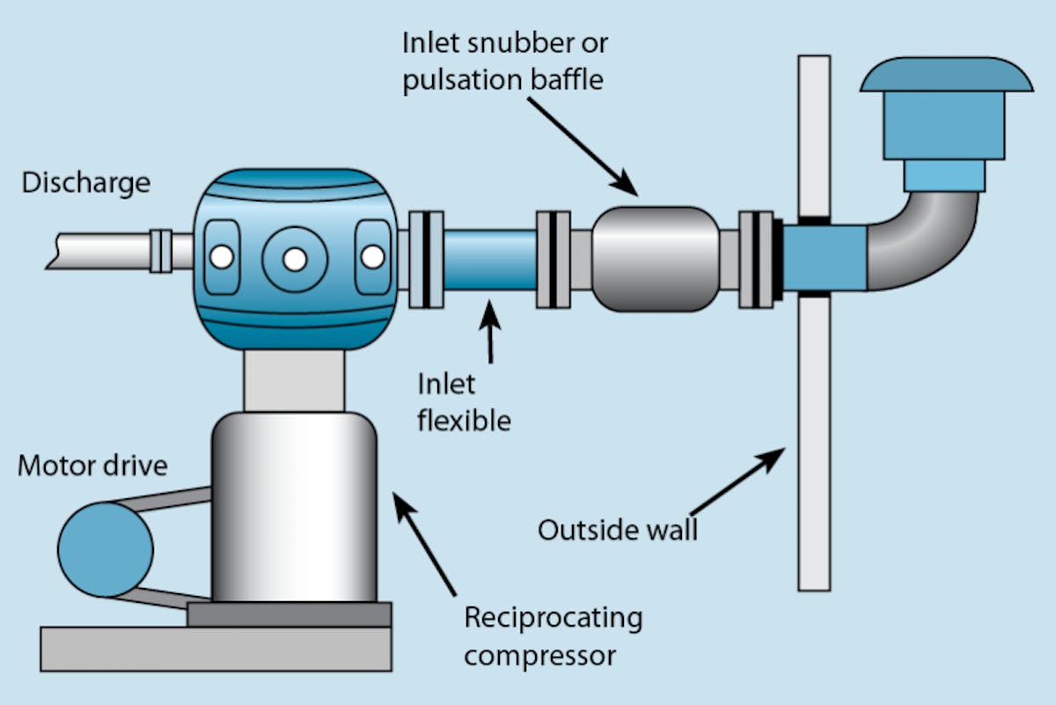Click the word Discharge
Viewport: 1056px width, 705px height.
click(85, 183)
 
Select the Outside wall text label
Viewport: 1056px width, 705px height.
click(617, 530)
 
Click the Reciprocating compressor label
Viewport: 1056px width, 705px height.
click(553, 635)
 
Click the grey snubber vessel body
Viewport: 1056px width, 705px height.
click(656, 259)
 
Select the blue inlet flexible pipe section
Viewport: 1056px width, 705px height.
click(489, 261)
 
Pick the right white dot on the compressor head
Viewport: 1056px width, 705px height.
click(372, 257)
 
